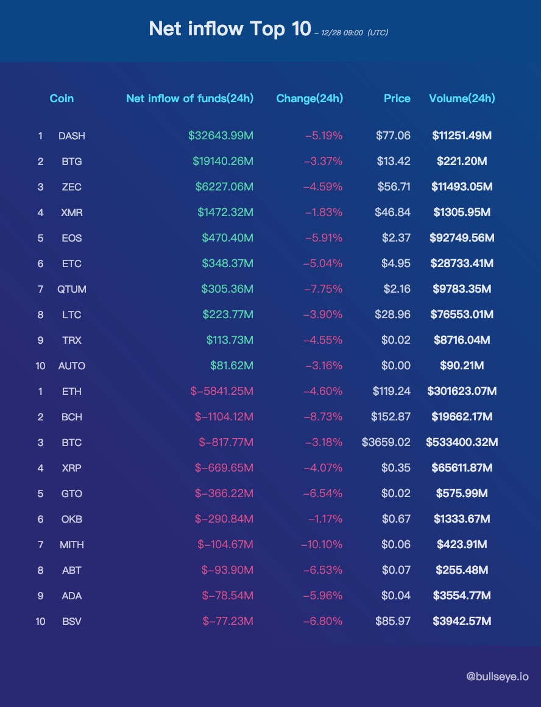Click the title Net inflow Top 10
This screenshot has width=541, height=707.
tap(230, 29)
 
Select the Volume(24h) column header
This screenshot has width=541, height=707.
tap(462, 99)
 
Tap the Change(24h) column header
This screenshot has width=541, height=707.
tap(309, 99)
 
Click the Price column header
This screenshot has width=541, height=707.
tap(397, 99)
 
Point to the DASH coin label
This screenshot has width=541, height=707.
tap(72, 136)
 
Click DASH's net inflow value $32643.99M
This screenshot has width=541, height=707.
tap(221, 136)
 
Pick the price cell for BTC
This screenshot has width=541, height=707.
tap(386, 442)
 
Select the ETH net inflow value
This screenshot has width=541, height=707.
tap(222, 391)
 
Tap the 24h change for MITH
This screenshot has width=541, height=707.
tap(322, 545)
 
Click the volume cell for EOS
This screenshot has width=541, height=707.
tap(462, 238)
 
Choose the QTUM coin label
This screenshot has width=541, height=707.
tap(72, 289)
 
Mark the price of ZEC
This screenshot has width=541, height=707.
tap(394, 187)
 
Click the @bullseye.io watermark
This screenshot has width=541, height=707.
tap(497, 677)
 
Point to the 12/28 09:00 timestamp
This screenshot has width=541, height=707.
tap(342, 33)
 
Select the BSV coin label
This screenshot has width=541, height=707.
tap(72, 621)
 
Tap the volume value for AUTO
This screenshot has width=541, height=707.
tap(462, 366)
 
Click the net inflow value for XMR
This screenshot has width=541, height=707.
tap(225, 212)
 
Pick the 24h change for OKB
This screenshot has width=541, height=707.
tap(325, 519)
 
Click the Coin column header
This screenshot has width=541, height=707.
tap(62, 99)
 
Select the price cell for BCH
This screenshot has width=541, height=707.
tap(391, 417)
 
